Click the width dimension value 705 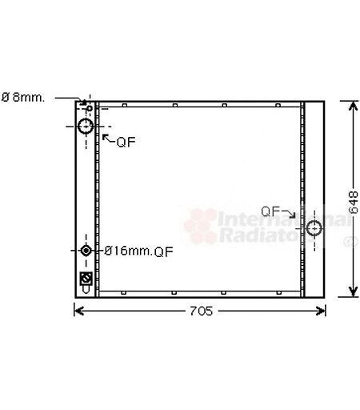[201, 311]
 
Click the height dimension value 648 [353, 202]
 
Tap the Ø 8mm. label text [23, 98]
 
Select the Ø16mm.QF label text [138, 251]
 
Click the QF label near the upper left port [126, 142]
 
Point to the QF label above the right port [270, 211]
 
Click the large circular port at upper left [86, 127]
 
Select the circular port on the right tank [314, 228]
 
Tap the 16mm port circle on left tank [86, 251]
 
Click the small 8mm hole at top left [90, 108]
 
